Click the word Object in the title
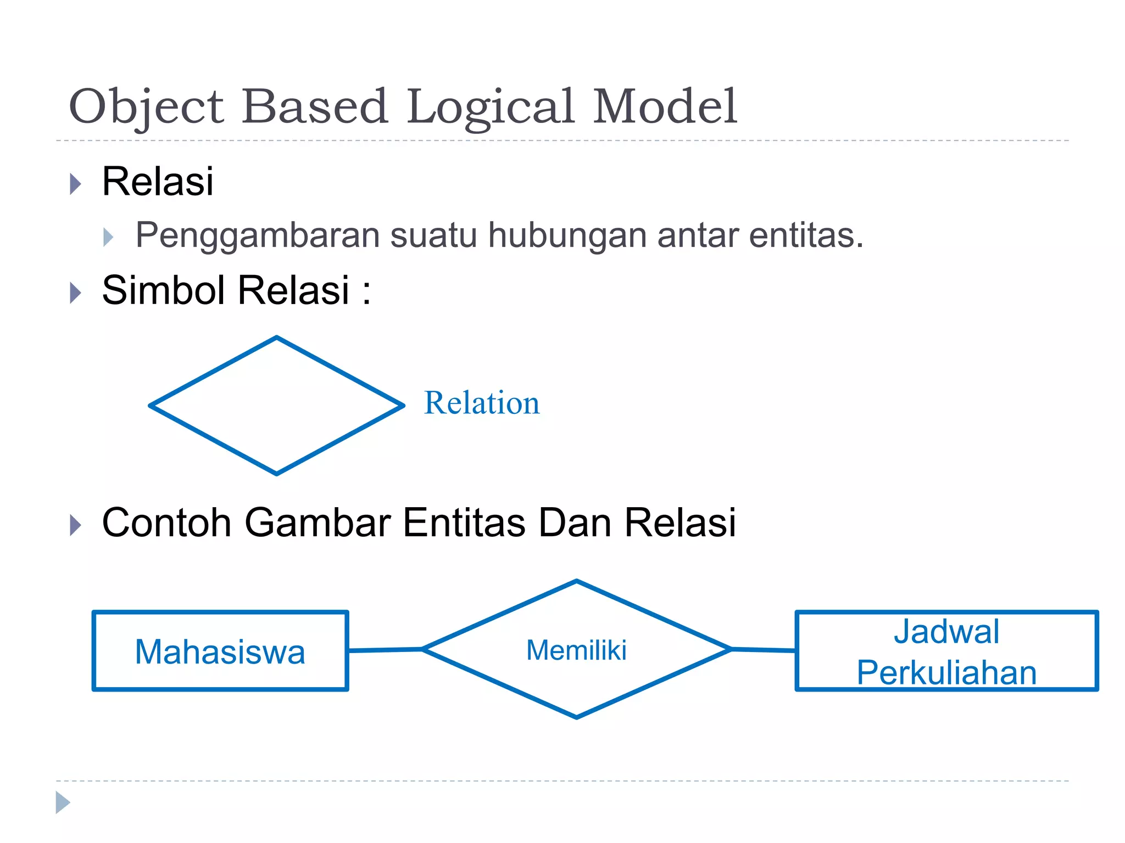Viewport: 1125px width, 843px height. click(146, 107)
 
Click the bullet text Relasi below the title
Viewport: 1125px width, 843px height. click(158, 182)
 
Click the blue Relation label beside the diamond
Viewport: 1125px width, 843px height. click(482, 403)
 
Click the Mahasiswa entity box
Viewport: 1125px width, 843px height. click(220, 651)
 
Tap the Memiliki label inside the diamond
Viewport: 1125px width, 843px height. click(576, 651)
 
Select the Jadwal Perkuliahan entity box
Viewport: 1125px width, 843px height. click(946, 651)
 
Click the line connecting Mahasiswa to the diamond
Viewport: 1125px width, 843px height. click(385, 650)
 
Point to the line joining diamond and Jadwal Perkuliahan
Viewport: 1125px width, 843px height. click(764, 650)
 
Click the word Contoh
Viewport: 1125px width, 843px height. click(166, 522)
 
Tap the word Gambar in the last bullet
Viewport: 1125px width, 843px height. click(318, 522)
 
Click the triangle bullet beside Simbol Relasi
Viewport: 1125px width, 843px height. click(75, 293)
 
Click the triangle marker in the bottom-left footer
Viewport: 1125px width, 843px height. click(63, 802)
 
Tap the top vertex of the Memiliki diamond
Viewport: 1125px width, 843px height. click(576, 581)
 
